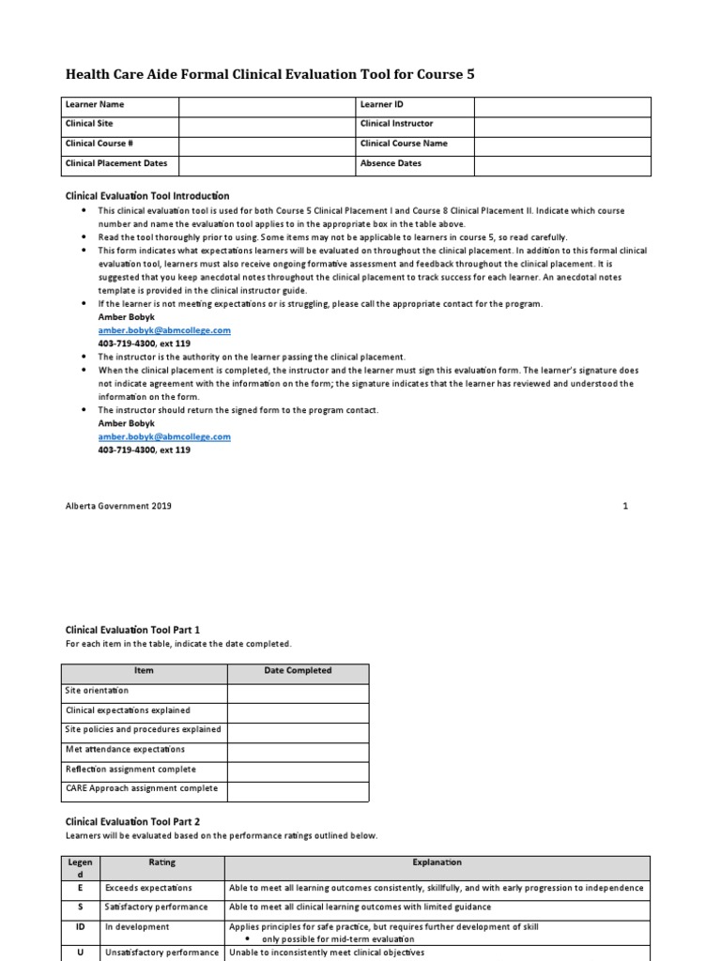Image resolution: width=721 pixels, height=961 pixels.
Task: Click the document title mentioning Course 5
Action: pyautogui.click(x=269, y=74)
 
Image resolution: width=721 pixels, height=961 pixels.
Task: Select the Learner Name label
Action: pyautogui.click(x=94, y=104)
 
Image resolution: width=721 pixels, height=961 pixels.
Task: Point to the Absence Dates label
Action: pyautogui.click(x=391, y=163)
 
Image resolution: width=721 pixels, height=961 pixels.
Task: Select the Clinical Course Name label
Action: pyautogui.click(x=404, y=144)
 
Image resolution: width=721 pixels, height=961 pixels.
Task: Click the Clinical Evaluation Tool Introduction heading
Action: pyautogui.click(x=146, y=196)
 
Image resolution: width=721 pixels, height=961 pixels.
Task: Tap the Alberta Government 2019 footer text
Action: pyautogui.click(x=117, y=506)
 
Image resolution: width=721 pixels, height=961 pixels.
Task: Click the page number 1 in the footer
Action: pyautogui.click(x=625, y=506)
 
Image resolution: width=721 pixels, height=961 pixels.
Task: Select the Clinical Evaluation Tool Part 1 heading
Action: pyautogui.click(x=132, y=630)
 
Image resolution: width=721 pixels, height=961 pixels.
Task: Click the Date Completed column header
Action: pyautogui.click(x=298, y=671)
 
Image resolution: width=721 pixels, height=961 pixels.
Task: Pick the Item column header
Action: pyautogui.click(x=144, y=671)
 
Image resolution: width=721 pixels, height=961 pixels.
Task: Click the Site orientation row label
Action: pyautogui.click(x=97, y=691)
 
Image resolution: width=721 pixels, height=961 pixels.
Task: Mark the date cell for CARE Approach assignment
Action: pyautogui.click(x=298, y=790)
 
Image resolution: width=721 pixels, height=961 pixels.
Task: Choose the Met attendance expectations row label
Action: pyautogui.click(x=125, y=750)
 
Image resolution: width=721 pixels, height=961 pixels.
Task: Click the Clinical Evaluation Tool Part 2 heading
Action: pyautogui.click(x=132, y=821)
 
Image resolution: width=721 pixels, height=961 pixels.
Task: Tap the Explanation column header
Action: pyautogui.click(x=437, y=862)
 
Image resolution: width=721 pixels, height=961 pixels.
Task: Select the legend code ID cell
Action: pyautogui.click(x=81, y=927)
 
